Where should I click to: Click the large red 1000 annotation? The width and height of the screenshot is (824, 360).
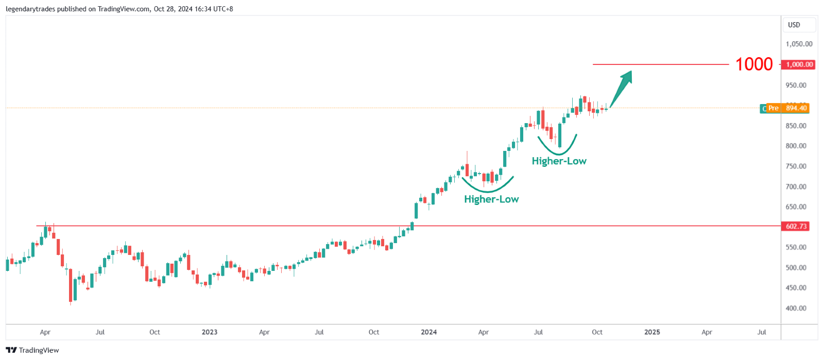(754, 64)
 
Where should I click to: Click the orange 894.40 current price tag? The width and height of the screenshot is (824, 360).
(796, 108)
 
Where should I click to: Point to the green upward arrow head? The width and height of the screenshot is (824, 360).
(627, 77)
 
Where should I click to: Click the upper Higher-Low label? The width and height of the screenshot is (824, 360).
(559, 161)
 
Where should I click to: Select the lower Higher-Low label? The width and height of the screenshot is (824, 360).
(491, 199)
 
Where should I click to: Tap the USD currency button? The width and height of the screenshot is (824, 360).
(794, 25)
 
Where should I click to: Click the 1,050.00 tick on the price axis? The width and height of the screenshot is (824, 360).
(799, 44)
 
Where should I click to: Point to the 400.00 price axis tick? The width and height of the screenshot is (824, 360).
(796, 308)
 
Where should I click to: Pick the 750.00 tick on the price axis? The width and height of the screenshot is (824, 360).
(796, 166)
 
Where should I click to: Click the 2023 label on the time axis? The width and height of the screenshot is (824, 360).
(210, 332)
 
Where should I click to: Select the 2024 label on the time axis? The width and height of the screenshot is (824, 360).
(428, 332)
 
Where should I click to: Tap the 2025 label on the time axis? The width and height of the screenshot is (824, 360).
(652, 332)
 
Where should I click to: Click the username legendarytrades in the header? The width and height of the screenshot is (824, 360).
(30, 9)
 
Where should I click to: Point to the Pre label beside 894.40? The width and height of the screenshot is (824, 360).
(773, 108)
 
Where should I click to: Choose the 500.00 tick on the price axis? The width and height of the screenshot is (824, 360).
(796, 268)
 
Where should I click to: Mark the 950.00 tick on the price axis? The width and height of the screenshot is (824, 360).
(796, 85)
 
